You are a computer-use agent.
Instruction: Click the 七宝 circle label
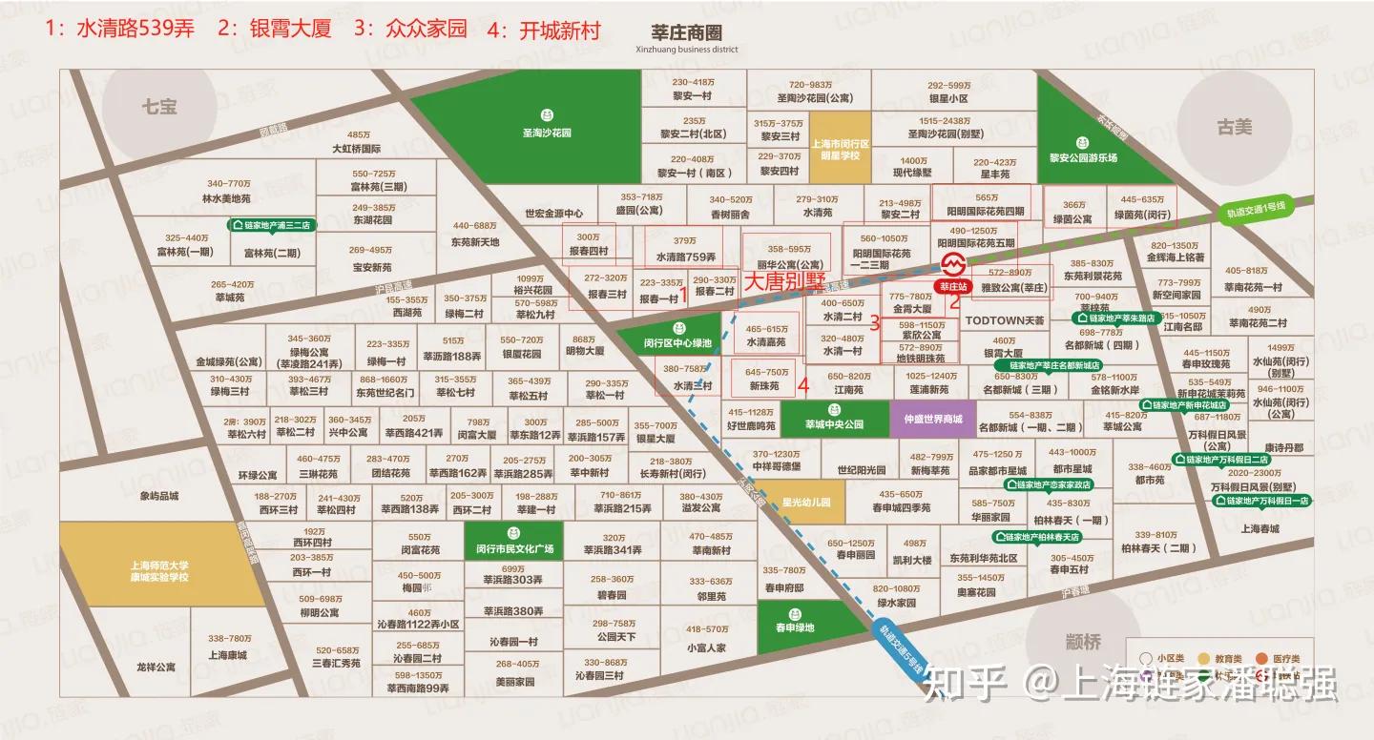coord(159,107)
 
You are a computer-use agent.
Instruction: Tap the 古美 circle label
coord(1234,127)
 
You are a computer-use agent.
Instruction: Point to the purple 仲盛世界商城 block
coord(926,419)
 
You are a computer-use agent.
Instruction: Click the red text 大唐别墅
coord(784,281)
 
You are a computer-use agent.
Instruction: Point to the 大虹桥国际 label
coord(356,149)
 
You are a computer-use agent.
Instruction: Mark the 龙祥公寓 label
coord(156,668)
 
